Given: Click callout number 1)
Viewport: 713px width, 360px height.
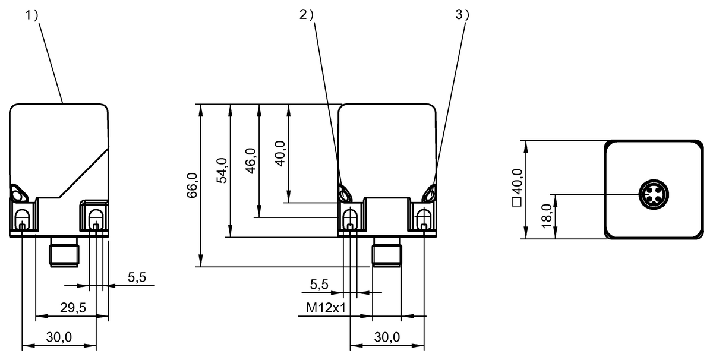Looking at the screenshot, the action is pos(31,15).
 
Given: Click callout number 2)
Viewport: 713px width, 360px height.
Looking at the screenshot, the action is pos(306,15).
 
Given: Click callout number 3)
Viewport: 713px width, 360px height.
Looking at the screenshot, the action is pos(462,15).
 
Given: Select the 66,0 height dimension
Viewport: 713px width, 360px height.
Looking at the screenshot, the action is pos(193,185).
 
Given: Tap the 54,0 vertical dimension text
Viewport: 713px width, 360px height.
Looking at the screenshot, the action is pos(222,170).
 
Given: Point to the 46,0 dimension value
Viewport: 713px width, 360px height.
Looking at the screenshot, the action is pos(251,161).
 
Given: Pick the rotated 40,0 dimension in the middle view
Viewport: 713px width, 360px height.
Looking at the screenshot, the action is pos(280,153).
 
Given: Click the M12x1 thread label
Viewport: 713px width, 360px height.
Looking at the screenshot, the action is pos(326,308).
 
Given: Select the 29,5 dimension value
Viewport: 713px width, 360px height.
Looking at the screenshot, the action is pos(73,308).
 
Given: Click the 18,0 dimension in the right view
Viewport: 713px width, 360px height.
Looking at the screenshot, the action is pos(547,216).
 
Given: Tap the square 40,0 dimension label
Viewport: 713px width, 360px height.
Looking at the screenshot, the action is pos(517,188).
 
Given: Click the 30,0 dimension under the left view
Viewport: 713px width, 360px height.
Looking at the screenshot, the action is pos(59,337).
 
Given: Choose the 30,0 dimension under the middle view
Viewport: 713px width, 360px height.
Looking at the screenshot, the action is pos(387,337).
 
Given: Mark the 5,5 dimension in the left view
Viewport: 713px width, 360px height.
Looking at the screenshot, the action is pos(137,277).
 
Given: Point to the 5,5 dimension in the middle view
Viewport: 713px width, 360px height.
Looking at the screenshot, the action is pos(319,284).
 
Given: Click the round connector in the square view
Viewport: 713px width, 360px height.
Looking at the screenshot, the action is pos(654,194).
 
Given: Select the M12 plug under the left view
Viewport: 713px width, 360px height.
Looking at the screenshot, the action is pos(64,252).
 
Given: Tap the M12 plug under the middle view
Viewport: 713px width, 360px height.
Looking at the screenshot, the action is pos(387,252).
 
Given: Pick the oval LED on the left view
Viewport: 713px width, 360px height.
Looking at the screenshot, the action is pos(18,193).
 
